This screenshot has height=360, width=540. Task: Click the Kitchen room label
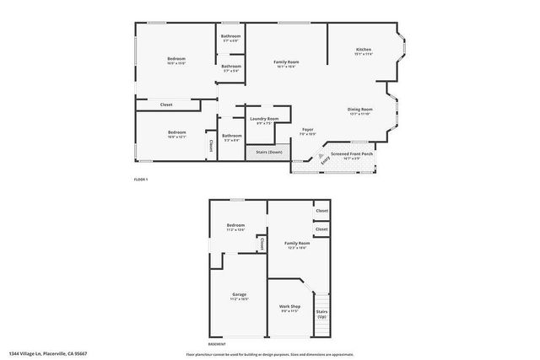(364, 51)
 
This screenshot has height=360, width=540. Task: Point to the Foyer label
(308, 130)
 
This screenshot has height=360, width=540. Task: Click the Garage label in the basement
(239, 296)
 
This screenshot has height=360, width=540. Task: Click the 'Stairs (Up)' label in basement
(321, 314)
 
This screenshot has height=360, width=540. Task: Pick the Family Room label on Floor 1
(285, 62)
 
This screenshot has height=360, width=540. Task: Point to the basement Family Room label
(296, 244)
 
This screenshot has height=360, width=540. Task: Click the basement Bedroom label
(235, 226)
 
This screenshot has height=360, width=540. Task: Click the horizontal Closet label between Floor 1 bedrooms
(166, 105)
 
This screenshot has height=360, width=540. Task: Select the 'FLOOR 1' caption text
(141, 180)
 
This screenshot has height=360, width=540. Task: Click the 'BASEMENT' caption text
(217, 344)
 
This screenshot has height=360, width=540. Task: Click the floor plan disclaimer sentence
(269, 353)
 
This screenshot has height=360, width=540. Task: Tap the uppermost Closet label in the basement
(321, 211)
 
